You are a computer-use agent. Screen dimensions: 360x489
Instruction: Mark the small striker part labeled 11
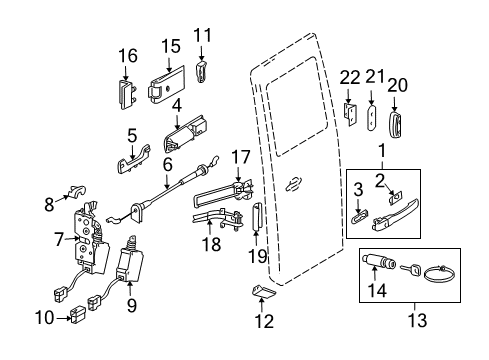click(x=203, y=73)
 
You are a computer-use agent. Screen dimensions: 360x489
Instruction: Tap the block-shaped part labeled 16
click(x=127, y=96)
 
